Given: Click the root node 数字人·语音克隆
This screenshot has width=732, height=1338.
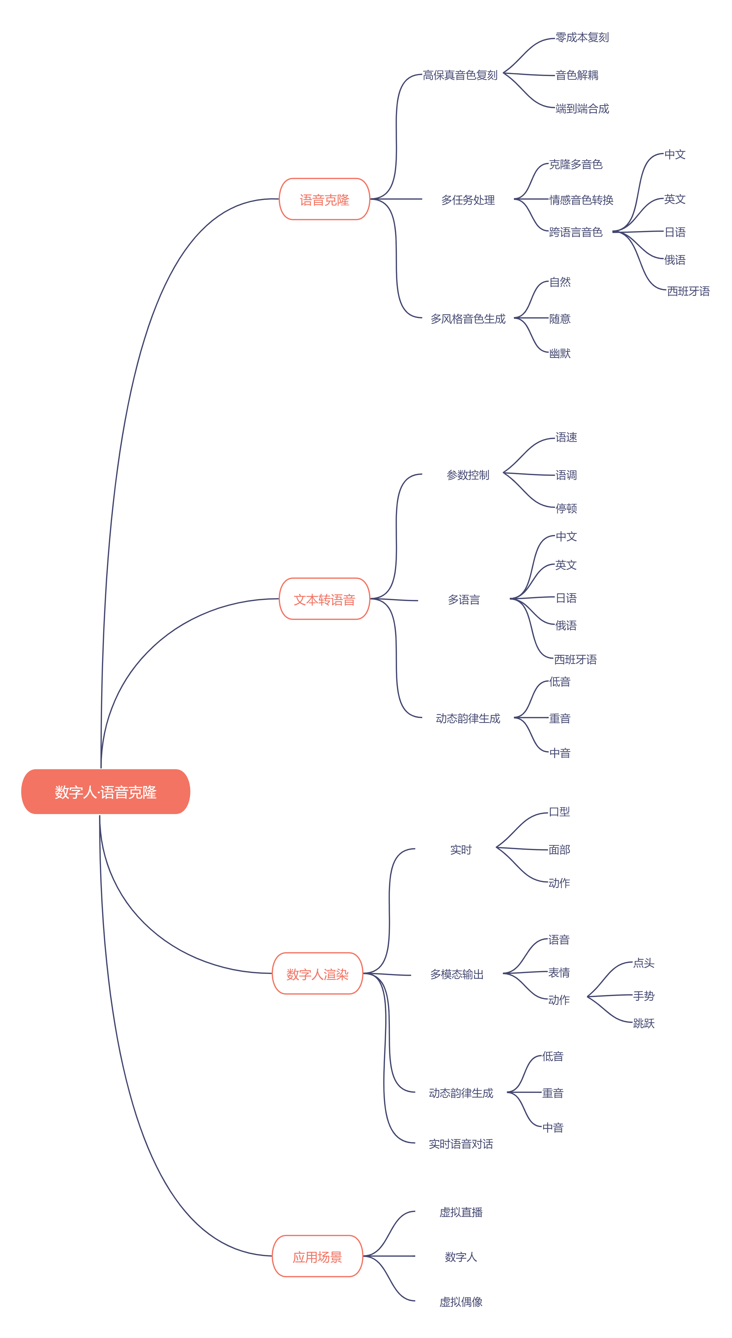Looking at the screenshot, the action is pos(105,792).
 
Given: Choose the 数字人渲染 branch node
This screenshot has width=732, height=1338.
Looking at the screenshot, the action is pos(317,974).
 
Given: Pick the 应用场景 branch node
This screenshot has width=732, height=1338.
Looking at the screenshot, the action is pos(317,1256).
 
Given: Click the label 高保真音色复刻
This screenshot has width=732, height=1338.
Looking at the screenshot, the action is pos(460,75).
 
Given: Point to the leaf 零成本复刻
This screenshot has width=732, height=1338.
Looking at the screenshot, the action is pos(582,37).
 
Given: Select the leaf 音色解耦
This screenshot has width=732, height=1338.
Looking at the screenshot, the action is pos(577,75).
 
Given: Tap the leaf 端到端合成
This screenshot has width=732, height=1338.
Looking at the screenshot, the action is pos(582,109).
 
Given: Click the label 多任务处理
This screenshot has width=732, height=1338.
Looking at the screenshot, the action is pos(468,200).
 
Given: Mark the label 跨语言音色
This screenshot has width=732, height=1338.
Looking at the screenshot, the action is pos(576,232).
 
